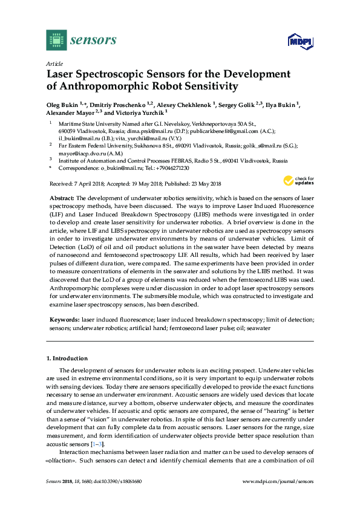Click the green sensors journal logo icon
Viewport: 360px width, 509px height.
coord(56,41)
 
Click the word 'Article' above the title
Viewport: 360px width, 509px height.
coord(54,63)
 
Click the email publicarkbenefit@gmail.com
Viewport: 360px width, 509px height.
coord(225,130)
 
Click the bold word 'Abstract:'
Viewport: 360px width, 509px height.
coord(61,199)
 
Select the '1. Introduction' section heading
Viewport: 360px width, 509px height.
coord(70,358)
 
